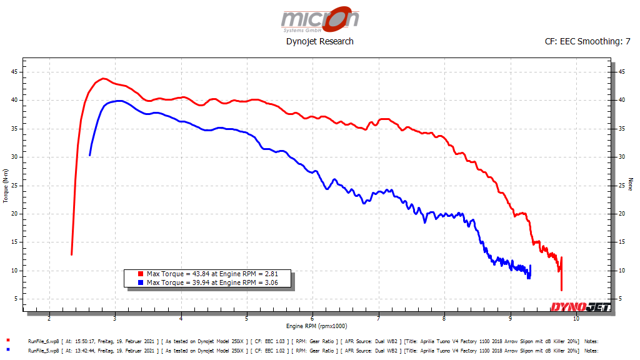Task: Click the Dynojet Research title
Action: [x=319, y=41]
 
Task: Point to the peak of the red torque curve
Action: [x=102, y=79]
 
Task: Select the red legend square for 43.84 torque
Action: [x=141, y=274]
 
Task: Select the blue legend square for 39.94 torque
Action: [x=141, y=282]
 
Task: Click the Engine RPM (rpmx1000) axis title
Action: [x=316, y=326]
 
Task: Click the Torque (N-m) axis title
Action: [x=6, y=186]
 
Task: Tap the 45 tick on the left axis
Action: [x=14, y=72]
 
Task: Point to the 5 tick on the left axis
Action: [x=16, y=299]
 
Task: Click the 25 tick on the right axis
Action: [x=621, y=186]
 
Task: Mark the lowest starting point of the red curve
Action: [x=72, y=254]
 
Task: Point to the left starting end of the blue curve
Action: [x=90, y=154]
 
